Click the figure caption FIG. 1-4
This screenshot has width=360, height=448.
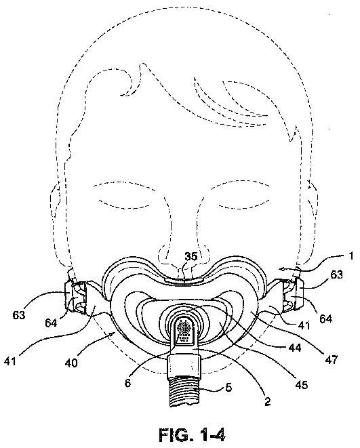point(192,434)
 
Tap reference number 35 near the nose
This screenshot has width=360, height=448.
point(191,256)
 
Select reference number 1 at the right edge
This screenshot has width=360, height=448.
point(351,256)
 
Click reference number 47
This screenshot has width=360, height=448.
point(332,359)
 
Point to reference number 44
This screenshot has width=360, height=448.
point(294,348)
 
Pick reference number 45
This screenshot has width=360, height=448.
point(301,384)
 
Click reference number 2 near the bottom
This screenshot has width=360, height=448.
point(267,401)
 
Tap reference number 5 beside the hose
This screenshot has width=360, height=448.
point(228,388)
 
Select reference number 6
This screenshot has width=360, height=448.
point(127,382)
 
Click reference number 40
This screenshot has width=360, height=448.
point(71,363)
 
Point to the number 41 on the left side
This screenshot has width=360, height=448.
point(10,361)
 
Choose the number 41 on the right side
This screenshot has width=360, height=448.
point(304,325)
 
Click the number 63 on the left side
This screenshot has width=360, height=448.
point(19,315)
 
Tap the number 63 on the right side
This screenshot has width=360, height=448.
point(336,274)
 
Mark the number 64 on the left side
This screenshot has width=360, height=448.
point(51,323)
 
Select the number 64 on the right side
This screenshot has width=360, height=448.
point(325,318)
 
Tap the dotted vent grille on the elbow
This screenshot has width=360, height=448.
point(184,330)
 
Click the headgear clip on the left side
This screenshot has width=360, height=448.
point(75,298)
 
